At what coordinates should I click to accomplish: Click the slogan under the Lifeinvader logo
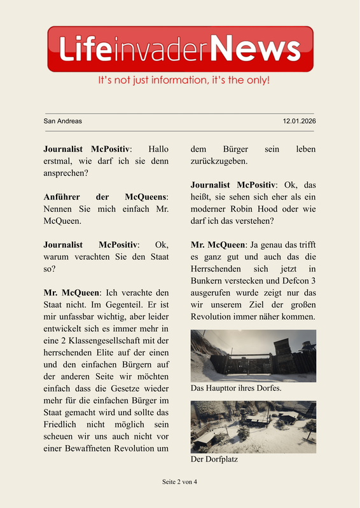(x=184, y=81)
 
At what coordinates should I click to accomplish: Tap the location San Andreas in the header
(x=62, y=121)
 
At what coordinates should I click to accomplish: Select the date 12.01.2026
(x=299, y=121)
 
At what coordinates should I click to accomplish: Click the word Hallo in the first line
(x=158, y=148)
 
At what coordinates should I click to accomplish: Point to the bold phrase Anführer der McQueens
(x=106, y=196)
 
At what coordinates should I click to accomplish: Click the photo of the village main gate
(x=253, y=355)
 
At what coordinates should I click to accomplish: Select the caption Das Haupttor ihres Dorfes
(x=236, y=387)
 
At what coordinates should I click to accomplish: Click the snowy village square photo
(x=253, y=427)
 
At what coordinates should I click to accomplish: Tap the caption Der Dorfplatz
(x=214, y=458)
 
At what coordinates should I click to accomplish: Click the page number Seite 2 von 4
(x=180, y=482)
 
